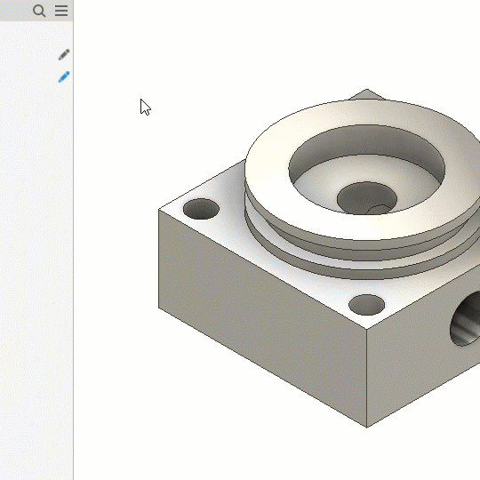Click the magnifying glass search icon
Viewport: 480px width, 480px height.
[39, 11]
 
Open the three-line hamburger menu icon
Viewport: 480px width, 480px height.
[61, 11]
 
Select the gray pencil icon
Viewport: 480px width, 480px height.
[63, 55]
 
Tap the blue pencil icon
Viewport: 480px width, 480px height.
[63, 77]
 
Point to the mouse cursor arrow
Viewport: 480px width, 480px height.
[145, 107]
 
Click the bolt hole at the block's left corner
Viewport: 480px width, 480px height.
[201, 210]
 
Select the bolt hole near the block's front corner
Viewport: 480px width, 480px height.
[366, 305]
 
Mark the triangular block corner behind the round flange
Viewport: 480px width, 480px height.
[367, 94]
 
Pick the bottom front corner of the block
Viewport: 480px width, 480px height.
[367, 426]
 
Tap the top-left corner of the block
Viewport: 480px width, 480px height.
[160, 211]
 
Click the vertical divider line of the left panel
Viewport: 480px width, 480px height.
[73, 267]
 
